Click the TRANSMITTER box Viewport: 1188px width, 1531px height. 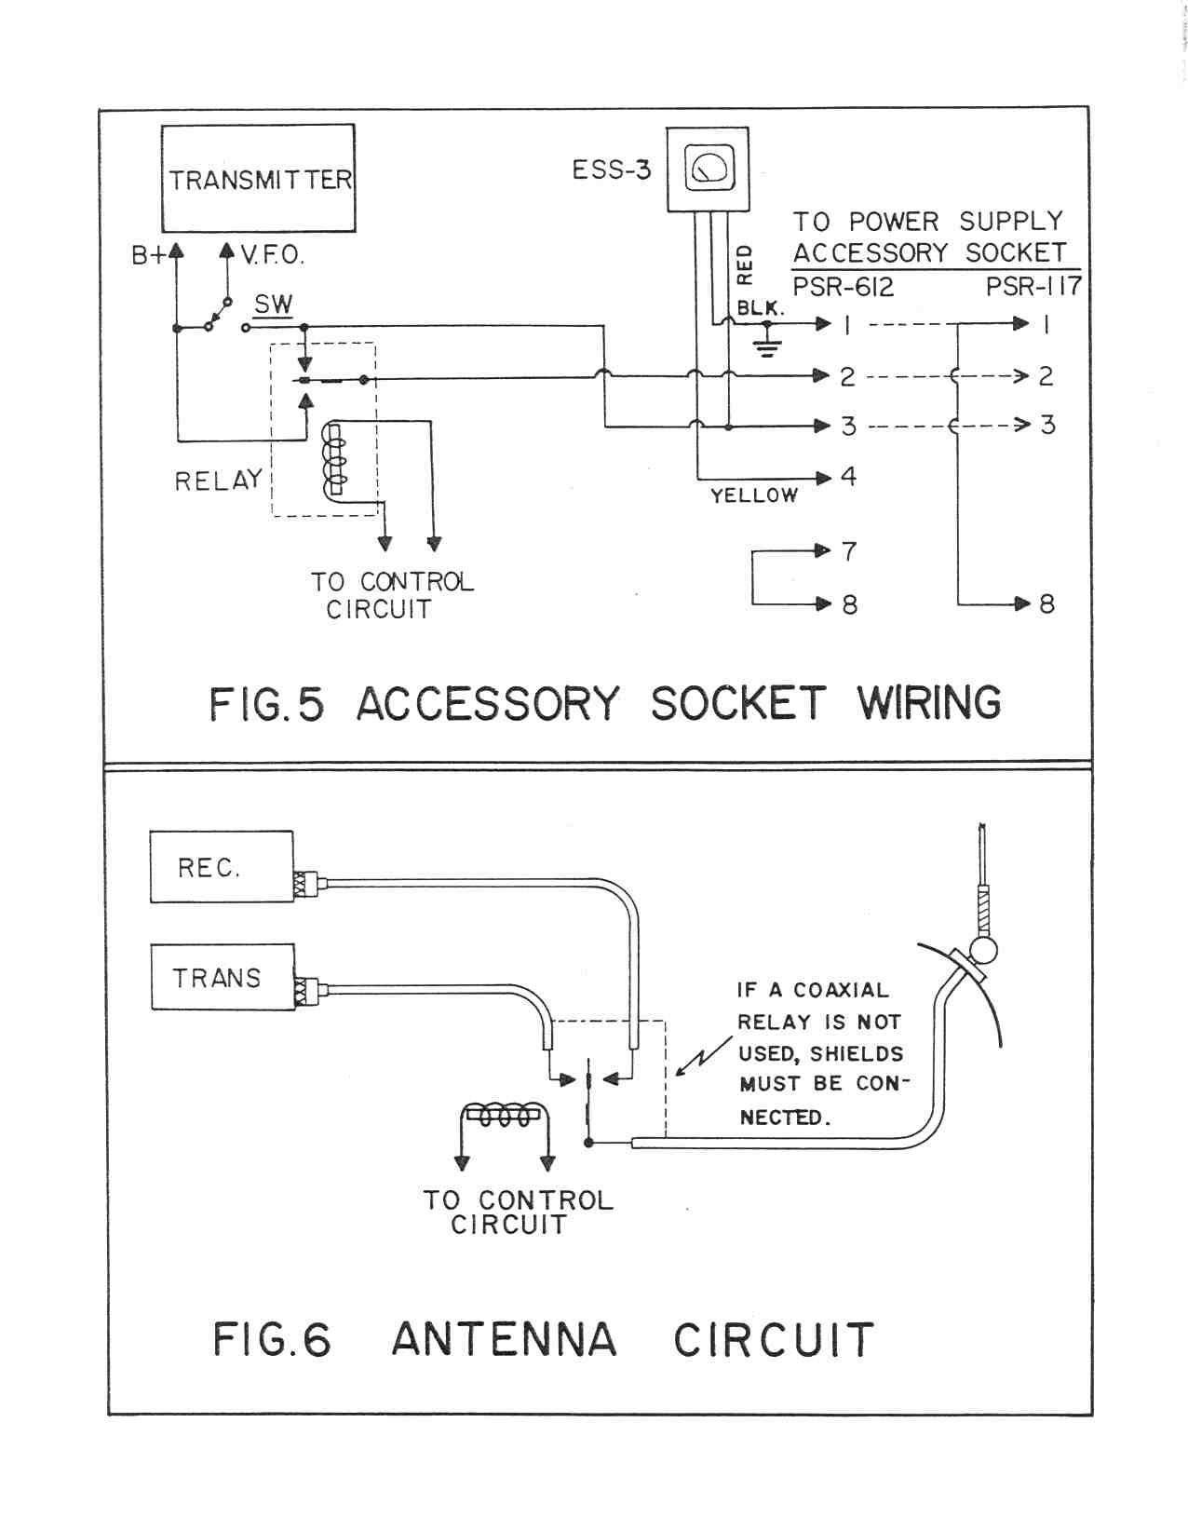point(258,178)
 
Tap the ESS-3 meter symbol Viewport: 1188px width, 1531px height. point(709,169)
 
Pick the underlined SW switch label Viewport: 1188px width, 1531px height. point(273,305)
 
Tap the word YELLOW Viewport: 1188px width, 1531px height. point(754,495)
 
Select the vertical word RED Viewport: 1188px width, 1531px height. point(744,264)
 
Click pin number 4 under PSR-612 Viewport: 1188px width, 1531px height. point(848,477)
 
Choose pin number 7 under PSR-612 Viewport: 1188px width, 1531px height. point(848,551)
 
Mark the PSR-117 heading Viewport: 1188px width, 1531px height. point(1033,286)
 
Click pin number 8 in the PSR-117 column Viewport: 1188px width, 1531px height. point(1047,604)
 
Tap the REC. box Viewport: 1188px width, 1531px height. point(222,867)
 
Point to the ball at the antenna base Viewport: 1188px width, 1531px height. point(983,950)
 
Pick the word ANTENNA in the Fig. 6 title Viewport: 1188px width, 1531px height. point(504,1339)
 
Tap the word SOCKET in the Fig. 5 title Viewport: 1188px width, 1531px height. point(737,703)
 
